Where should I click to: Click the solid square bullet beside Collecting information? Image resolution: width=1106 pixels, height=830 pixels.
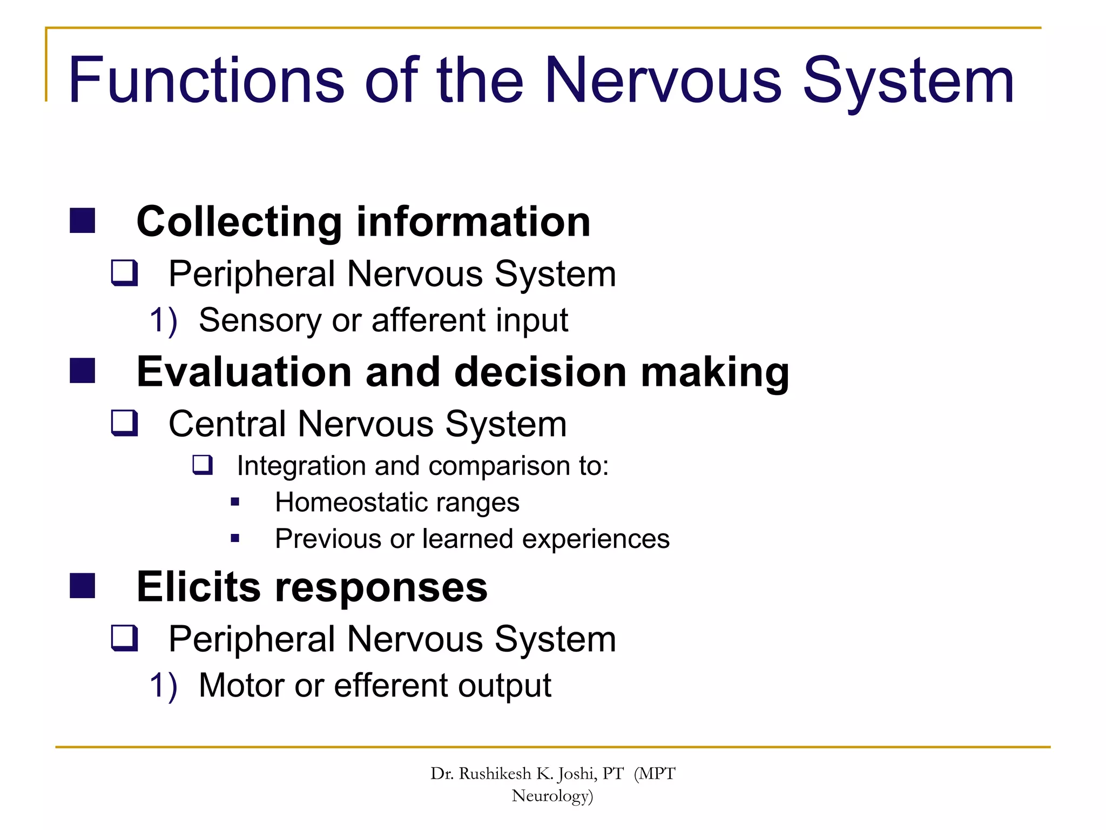tap(83, 220)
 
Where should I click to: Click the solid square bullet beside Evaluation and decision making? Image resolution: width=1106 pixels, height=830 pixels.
tap(83, 371)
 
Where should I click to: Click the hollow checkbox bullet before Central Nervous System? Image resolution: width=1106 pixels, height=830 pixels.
tap(124, 423)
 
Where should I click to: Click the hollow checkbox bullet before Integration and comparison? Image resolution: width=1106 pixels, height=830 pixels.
tap(203, 465)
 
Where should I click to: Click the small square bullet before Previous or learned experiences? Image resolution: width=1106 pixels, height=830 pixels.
tap(235, 538)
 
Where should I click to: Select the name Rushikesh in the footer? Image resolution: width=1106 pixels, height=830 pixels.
tap(495, 774)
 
